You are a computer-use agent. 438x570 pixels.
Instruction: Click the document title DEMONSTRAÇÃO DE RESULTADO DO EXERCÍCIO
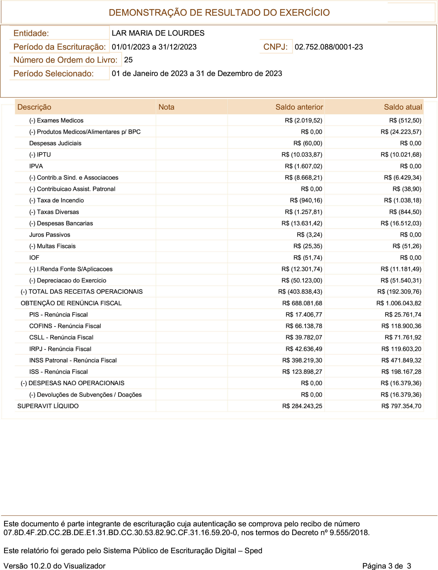pos(219,12)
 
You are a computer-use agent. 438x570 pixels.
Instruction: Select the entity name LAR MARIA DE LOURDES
pos(158,33)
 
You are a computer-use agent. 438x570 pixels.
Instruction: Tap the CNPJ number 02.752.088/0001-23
pos(328,47)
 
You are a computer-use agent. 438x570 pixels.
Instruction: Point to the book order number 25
pos(128,60)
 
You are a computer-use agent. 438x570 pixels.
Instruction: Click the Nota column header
pos(166,107)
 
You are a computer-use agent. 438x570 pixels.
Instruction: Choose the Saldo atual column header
pos(403,107)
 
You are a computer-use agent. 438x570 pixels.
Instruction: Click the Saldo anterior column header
pos(299,107)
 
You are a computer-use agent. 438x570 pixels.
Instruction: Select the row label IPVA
pos(36,166)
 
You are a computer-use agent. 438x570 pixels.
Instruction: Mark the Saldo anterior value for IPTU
pos(302,155)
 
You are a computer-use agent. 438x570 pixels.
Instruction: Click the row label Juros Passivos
pos(49,235)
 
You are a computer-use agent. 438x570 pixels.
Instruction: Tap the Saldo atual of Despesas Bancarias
pos(401,223)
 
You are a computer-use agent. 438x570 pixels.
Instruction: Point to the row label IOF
pos(34,258)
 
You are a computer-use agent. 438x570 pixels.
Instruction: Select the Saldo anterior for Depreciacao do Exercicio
pos(302,281)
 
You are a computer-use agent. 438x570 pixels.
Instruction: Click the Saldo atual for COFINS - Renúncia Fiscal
pos(401,326)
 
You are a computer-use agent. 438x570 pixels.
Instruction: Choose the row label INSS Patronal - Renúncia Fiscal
pos(73,360)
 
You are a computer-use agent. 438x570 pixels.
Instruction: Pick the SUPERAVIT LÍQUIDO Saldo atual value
pos(401,406)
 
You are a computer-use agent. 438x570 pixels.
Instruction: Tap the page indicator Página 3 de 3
pos(386,566)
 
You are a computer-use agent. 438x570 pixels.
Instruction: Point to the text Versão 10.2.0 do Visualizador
pos(54,566)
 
